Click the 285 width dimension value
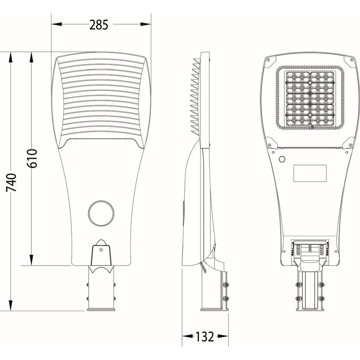coord(99,25)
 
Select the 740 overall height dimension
coord(11,183)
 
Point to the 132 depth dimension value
coord(204,337)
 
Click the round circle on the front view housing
coord(101,213)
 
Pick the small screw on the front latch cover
coord(101,249)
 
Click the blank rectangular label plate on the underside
coord(310,173)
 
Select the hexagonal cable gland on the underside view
coord(282,159)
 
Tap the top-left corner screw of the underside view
coord(268,60)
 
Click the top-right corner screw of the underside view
coord(352,60)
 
